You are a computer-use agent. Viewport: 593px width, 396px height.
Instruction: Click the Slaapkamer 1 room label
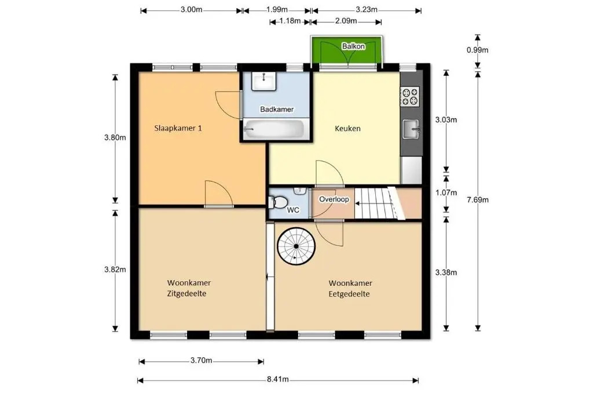(x=178, y=128)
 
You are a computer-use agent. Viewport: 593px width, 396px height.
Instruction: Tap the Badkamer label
(x=277, y=110)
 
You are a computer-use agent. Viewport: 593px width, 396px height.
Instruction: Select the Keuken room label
(x=347, y=128)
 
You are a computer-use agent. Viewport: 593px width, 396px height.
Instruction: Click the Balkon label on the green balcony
(x=353, y=46)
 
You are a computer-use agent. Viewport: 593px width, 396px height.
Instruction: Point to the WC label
(x=293, y=210)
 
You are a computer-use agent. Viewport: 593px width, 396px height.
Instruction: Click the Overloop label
(x=334, y=199)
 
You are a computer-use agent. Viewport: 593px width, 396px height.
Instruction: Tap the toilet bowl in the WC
(x=278, y=202)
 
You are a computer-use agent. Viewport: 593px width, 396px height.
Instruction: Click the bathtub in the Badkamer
(x=274, y=129)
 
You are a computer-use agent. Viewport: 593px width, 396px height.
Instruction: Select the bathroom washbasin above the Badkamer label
(x=264, y=81)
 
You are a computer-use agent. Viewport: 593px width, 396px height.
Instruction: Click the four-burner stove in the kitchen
(x=410, y=96)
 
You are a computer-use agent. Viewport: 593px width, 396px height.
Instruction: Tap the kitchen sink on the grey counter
(x=411, y=129)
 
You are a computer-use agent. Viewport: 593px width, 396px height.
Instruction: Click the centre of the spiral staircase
(x=296, y=246)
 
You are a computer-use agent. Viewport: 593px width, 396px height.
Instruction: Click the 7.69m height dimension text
(x=478, y=200)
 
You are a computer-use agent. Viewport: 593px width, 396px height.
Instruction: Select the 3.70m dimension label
(x=201, y=361)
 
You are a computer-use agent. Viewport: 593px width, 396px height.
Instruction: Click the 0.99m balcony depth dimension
(x=477, y=50)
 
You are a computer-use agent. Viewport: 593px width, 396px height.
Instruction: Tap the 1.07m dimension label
(x=446, y=192)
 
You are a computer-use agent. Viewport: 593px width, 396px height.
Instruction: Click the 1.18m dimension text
(x=290, y=21)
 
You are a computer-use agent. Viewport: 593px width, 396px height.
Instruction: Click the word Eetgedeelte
(x=349, y=294)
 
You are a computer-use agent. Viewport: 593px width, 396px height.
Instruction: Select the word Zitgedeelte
(x=187, y=294)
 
